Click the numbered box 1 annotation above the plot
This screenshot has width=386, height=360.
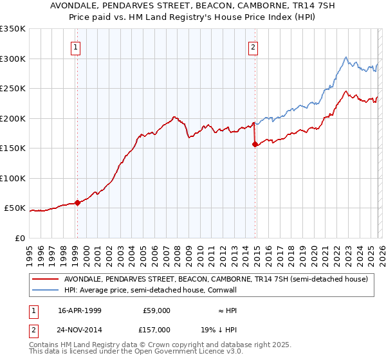(x=77, y=47)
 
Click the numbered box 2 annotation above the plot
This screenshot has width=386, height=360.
(x=253, y=47)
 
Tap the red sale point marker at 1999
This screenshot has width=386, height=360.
(x=77, y=203)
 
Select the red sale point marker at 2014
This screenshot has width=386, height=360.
(x=255, y=145)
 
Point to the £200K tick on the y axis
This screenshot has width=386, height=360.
(x=12, y=118)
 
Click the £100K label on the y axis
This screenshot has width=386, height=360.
(x=12, y=178)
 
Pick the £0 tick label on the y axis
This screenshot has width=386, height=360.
(x=19, y=238)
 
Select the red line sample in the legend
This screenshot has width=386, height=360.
(x=46, y=280)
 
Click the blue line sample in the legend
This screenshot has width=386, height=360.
(x=46, y=290)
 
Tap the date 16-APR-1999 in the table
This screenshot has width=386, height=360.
(x=79, y=310)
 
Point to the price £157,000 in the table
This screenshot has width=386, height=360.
(x=156, y=329)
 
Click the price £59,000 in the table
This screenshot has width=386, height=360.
(x=156, y=310)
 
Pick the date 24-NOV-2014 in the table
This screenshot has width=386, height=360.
(x=80, y=329)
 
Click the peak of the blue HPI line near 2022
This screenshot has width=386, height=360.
(x=346, y=57)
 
